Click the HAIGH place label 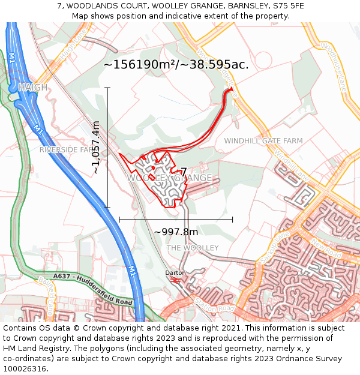click(32, 88)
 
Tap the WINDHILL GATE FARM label click(263, 140)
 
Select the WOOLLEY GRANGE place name click(169, 178)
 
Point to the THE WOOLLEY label click(192, 248)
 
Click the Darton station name click(176, 272)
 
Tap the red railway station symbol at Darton click(176, 280)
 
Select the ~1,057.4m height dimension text click(95, 148)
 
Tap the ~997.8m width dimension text click(176, 232)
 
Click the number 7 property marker click(184, 172)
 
